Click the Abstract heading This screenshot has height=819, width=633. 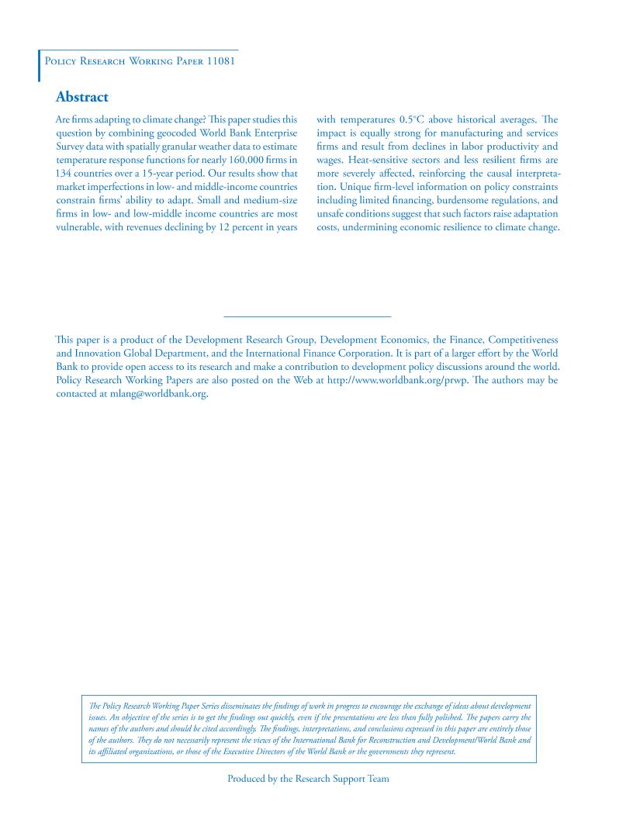point(82,97)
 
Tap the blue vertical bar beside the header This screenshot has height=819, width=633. point(40,66)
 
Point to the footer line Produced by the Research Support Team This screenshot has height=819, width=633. point(308,779)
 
